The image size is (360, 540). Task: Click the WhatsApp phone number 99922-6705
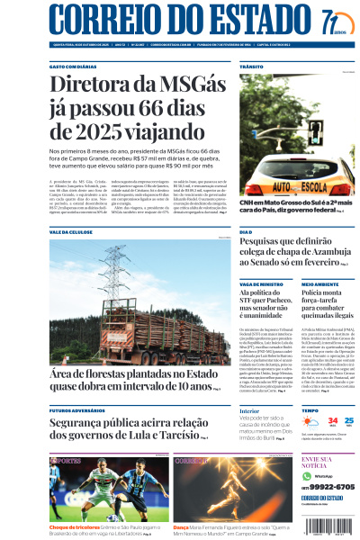tap(333, 486)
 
